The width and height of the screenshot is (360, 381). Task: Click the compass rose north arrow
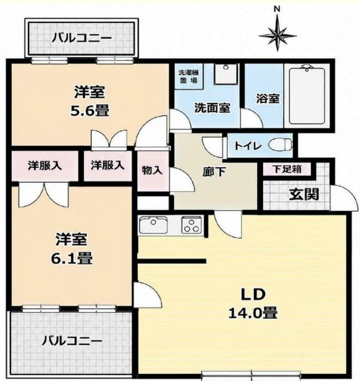click(x=277, y=35)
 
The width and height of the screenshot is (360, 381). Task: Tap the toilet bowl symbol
click(x=280, y=145)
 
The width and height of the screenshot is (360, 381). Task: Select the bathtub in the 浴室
click(x=307, y=96)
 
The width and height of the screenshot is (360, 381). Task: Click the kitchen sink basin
click(x=153, y=225)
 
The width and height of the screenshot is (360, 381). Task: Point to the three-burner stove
click(x=192, y=225)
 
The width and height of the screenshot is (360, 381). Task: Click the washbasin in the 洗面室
click(x=226, y=74)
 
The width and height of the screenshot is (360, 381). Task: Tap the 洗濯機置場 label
click(x=189, y=77)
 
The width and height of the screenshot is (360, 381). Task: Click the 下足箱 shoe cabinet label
click(x=287, y=169)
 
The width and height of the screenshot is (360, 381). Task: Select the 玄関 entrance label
click(x=304, y=195)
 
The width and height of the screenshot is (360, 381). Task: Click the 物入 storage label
click(x=152, y=170)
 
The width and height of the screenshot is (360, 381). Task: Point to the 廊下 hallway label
click(x=213, y=172)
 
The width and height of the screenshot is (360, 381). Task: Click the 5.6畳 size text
click(x=90, y=111)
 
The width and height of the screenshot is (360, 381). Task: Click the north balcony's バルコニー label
click(x=82, y=38)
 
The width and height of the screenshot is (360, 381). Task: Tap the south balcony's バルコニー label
click(x=72, y=341)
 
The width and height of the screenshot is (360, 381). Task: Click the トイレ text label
click(x=248, y=146)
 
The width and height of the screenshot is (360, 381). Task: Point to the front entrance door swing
click(x=343, y=198)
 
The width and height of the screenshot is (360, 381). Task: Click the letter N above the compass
click(x=277, y=10)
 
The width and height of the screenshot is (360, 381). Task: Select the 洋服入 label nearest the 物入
click(x=108, y=165)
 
